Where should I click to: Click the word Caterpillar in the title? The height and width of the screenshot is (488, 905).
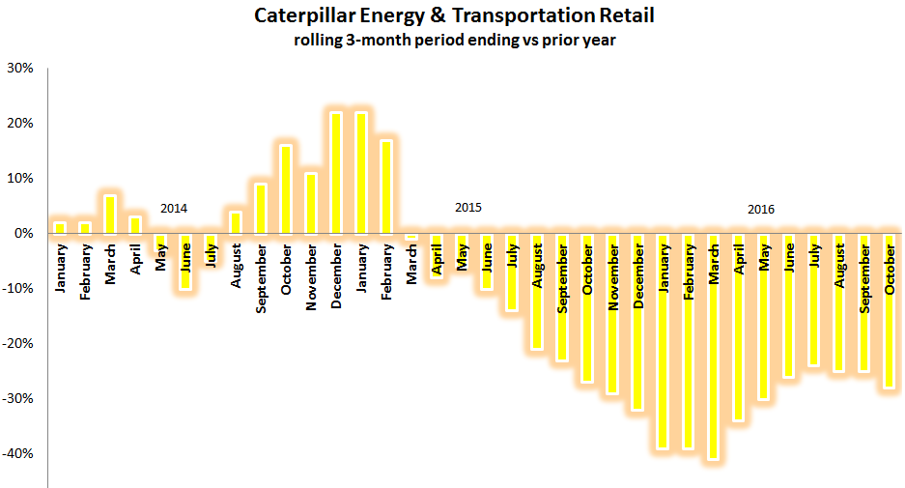pyautogui.click(x=297, y=16)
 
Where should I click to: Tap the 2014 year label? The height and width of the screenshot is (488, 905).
pyautogui.click(x=174, y=209)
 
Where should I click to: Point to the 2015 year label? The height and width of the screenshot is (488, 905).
pyautogui.click(x=467, y=209)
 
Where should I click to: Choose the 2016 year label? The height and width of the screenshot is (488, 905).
pyautogui.click(x=760, y=209)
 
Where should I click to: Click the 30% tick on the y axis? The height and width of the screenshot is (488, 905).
pyautogui.click(x=20, y=69)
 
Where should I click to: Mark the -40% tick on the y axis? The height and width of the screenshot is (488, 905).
pyautogui.click(x=18, y=454)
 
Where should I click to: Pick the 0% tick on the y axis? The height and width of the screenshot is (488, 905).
pyautogui.click(x=24, y=234)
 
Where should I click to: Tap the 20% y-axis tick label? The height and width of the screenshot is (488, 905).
pyautogui.click(x=20, y=124)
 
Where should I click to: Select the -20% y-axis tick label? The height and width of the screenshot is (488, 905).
pyautogui.click(x=18, y=344)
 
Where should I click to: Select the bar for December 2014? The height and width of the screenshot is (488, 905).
pyautogui.click(x=336, y=173)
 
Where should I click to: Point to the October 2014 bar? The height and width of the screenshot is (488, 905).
pyautogui.click(x=286, y=189)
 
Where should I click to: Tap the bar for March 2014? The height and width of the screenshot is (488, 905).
pyautogui.click(x=110, y=215)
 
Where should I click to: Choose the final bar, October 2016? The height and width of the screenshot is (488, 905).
pyautogui.click(x=890, y=310)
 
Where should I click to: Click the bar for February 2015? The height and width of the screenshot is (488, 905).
pyautogui.click(x=386, y=187)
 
